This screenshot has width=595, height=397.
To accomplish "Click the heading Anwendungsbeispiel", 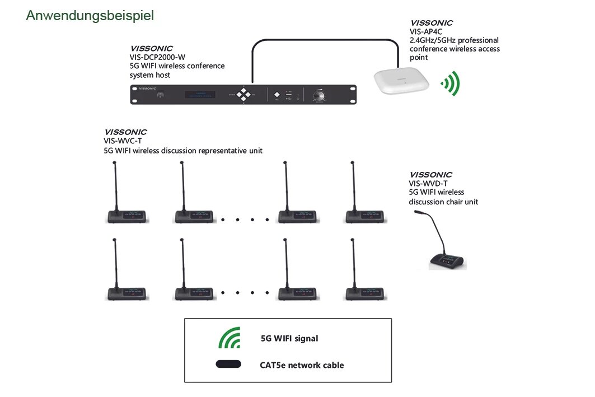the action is (x=90, y=16).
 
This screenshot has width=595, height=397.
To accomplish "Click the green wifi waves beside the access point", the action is (x=451, y=83).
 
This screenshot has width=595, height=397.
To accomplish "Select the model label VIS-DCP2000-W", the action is (x=157, y=57).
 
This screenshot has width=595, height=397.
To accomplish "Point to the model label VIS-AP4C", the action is (x=426, y=31).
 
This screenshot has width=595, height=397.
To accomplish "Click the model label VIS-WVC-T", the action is (x=123, y=141).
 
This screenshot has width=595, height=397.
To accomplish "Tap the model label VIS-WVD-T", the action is (x=428, y=183).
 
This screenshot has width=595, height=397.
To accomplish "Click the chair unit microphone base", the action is (x=447, y=261).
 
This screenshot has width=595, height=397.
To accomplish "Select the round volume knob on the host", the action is (x=319, y=95).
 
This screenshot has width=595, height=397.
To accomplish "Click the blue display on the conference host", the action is (x=200, y=95).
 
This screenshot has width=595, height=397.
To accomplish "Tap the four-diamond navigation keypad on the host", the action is (x=243, y=94).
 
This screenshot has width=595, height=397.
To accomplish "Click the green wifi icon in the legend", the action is (x=229, y=338).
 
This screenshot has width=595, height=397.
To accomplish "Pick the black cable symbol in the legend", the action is (x=228, y=364).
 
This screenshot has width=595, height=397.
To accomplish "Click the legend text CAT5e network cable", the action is (x=302, y=365).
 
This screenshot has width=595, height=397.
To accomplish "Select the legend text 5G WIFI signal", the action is (x=289, y=338).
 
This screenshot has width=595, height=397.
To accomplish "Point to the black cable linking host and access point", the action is (x=325, y=39).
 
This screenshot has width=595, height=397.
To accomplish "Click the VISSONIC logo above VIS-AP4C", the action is (x=432, y=23).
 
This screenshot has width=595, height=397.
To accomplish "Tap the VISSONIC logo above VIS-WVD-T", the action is (x=430, y=175).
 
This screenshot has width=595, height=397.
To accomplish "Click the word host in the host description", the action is (x=161, y=75).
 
